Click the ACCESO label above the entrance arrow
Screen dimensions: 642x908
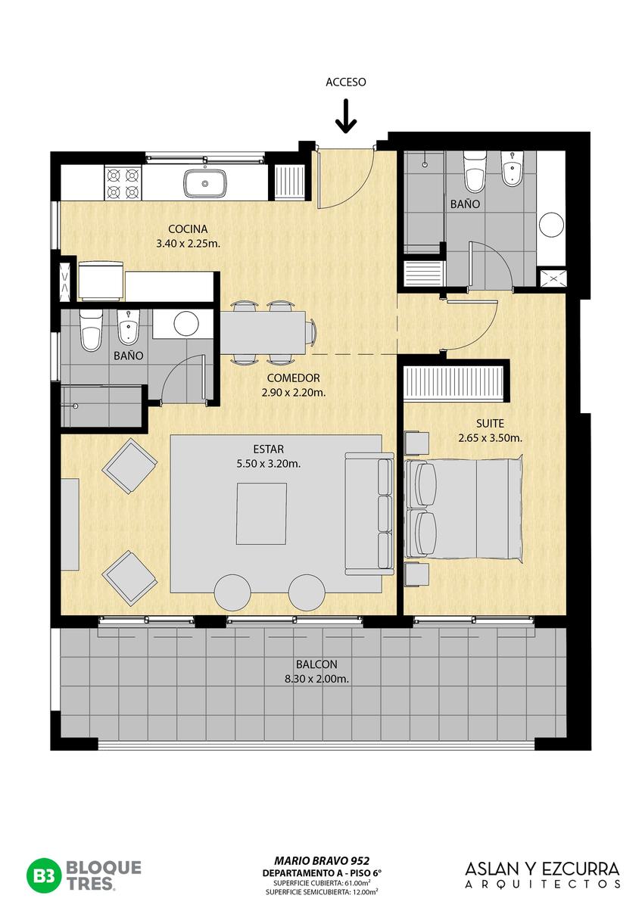click(x=345, y=82)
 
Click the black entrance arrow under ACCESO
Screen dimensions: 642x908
click(x=346, y=117)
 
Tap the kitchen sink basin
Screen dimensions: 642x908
click(x=205, y=184)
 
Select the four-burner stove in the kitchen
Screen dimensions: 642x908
click(x=123, y=183)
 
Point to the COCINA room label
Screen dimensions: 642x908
click(x=188, y=229)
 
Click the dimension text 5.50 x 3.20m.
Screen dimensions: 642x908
click(x=269, y=464)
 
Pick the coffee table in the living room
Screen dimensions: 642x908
click(x=262, y=513)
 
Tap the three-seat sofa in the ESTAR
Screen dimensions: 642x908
click(x=369, y=513)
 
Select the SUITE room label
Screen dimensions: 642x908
click(x=490, y=424)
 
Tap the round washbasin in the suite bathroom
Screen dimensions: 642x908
click(x=552, y=224)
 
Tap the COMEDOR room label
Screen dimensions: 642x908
click(x=293, y=378)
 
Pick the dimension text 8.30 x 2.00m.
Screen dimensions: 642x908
click(x=316, y=679)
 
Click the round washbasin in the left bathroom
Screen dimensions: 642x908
click(x=186, y=324)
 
